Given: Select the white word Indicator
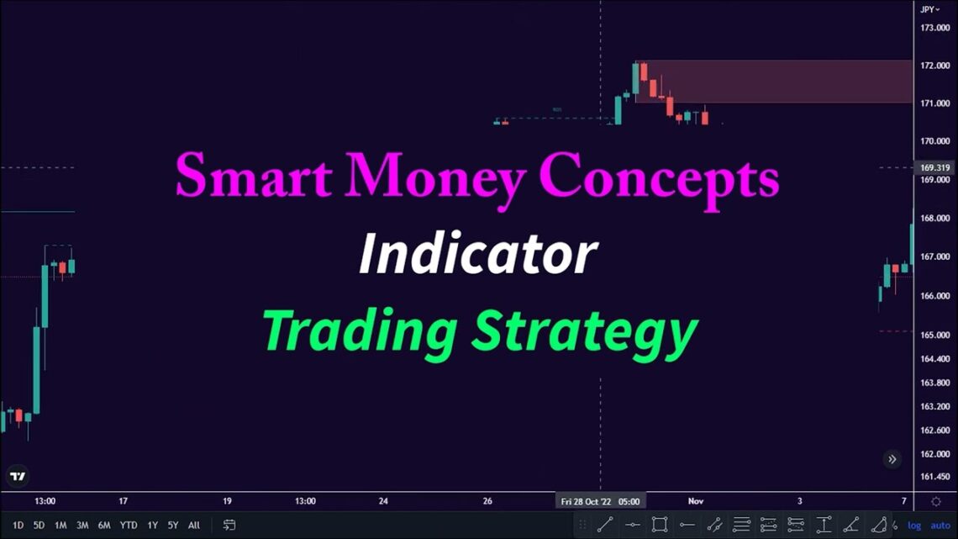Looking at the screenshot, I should click(478, 254).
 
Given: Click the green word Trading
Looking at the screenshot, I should click(360, 330).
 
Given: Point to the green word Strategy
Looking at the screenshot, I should click(584, 332).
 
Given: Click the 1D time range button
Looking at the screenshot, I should click(18, 526).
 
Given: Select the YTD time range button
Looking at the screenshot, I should click(128, 526).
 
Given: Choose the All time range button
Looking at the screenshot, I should click(194, 526).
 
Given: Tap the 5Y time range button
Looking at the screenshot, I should click(172, 526).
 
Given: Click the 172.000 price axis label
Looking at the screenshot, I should click(934, 66).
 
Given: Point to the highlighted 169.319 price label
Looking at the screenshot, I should click(934, 167).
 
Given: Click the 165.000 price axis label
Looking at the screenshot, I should click(934, 336).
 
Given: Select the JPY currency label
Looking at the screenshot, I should click(928, 9).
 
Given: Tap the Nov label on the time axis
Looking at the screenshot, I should click(696, 501).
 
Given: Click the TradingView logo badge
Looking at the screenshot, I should click(18, 476).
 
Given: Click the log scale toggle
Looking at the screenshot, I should click(914, 526).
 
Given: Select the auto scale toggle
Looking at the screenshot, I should click(940, 526).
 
